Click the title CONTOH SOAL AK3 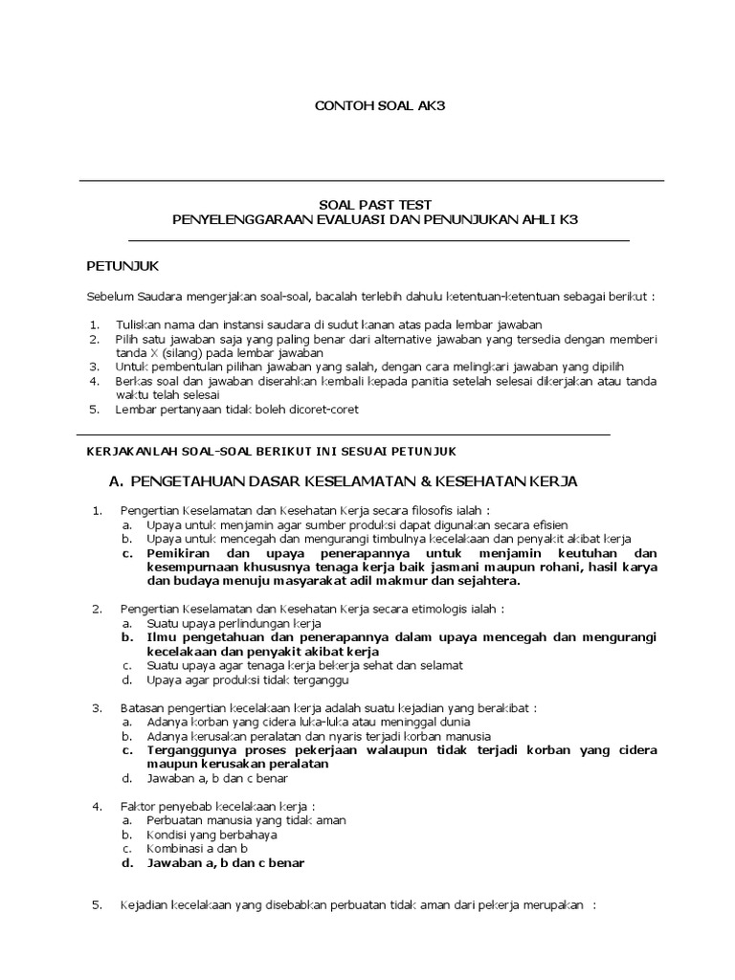pos(367,105)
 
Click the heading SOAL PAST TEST pos(374,204)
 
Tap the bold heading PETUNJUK pos(122,264)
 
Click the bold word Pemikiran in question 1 pos(181,553)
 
